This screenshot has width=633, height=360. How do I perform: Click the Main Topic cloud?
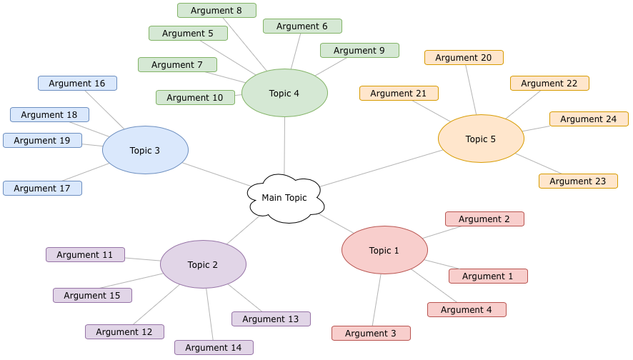pyautogui.click(x=285, y=198)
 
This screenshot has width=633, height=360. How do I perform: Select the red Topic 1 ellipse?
pyautogui.click(x=384, y=250)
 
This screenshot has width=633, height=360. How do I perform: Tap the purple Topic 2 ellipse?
pyautogui.click(x=203, y=264)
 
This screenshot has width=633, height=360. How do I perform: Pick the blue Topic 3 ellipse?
pyautogui.click(x=145, y=150)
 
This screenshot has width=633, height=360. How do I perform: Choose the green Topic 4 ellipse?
pyautogui.click(x=284, y=93)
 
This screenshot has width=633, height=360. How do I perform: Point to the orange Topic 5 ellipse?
pyautogui.click(x=481, y=139)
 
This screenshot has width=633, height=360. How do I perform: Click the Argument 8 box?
pyautogui.click(x=216, y=10)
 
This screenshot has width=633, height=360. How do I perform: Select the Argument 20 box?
pyautogui.click(x=464, y=57)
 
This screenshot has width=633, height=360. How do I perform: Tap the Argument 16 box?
pyautogui.click(x=77, y=83)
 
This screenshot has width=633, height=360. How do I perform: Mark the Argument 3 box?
pyautogui.click(x=371, y=333)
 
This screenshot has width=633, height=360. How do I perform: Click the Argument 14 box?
pyautogui.click(x=214, y=347)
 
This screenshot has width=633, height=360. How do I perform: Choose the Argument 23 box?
pyautogui.click(x=578, y=181)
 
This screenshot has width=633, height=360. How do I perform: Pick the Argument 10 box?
pyautogui.click(x=195, y=97)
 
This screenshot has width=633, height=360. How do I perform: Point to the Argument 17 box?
pyautogui.click(x=42, y=188)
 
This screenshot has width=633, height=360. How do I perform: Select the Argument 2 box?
pyautogui.click(x=484, y=219)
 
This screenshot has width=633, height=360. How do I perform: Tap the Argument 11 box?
pyautogui.click(x=85, y=254)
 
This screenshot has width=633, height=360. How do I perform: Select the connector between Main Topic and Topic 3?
pyautogui.click(x=214, y=174)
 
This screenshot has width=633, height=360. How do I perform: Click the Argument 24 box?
pyautogui.click(x=589, y=119)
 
